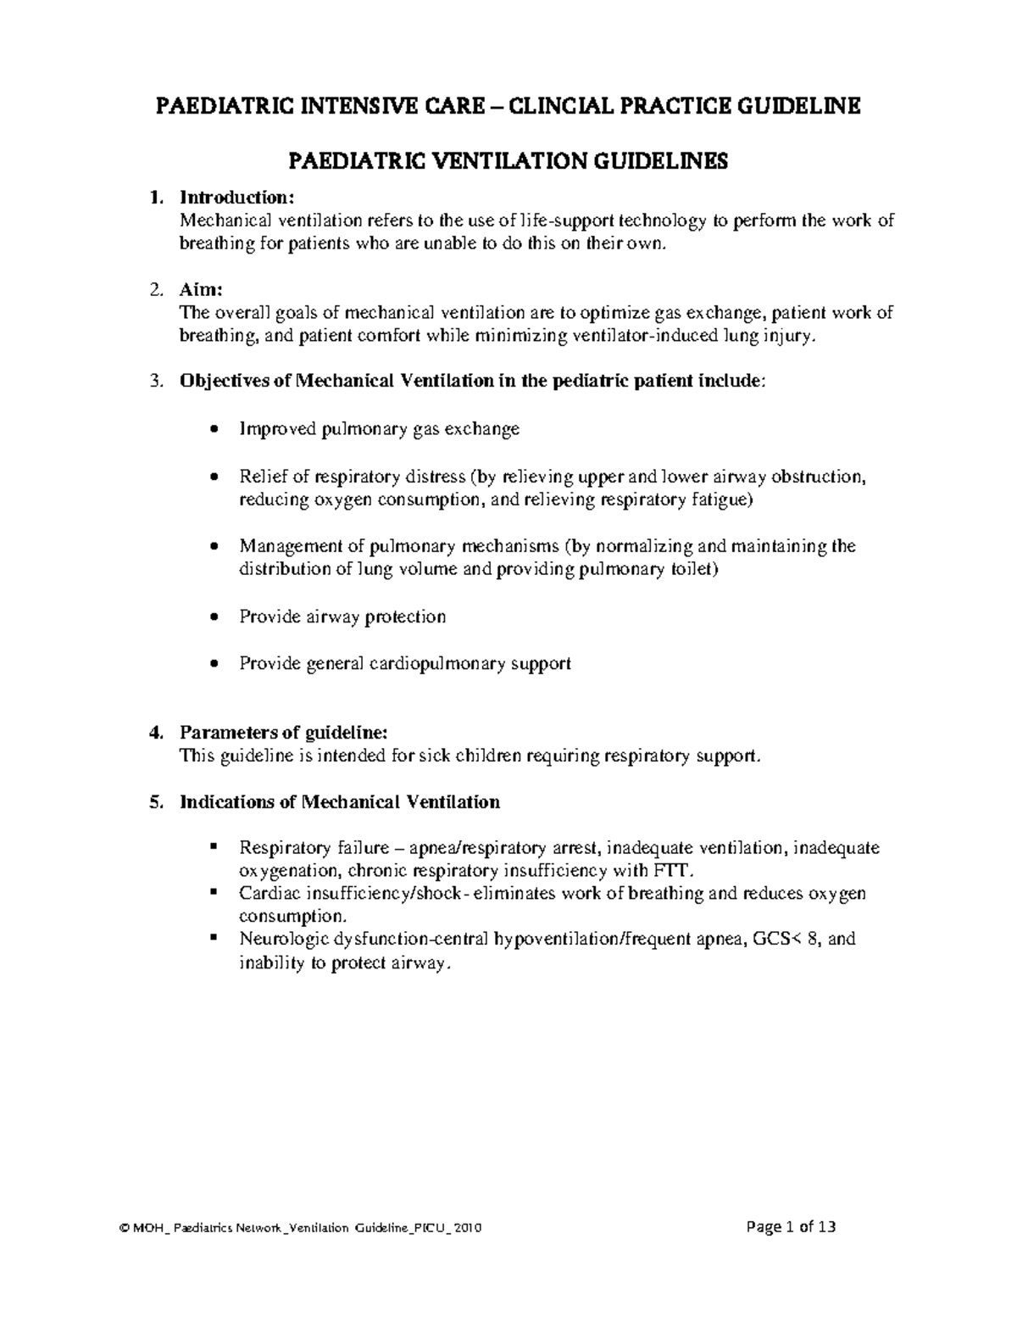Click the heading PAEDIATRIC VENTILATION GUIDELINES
pyautogui.click(x=508, y=161)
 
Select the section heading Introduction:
pyautogui.click(x=236, y=198)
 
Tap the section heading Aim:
pyautogui.click(x=201, y=289)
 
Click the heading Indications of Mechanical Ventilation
pyautogui.click(x=340, y=801)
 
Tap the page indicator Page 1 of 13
pyautogui.click(x=789, y=1226)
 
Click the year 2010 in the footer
pyautogui.click(x=469, y=1228)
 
